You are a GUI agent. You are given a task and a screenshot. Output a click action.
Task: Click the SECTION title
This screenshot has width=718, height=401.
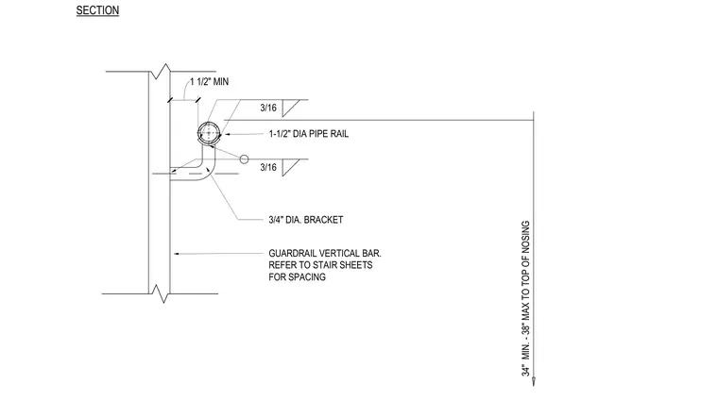pos(97,10)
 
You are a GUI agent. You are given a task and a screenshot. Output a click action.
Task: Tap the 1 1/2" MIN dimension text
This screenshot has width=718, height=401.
pos(210,82)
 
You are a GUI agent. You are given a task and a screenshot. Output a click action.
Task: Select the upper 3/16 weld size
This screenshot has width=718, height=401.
pos(268,108)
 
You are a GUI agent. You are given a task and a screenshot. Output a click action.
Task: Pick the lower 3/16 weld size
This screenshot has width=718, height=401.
pos(268,167)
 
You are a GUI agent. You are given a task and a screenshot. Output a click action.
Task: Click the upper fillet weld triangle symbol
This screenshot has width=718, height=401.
pos(288,108)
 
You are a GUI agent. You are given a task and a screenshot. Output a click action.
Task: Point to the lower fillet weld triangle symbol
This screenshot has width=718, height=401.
pos(288,167)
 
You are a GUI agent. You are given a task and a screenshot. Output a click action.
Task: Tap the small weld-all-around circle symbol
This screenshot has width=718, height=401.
pos(244,159)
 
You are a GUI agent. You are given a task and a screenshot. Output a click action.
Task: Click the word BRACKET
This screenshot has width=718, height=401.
pos(323,220)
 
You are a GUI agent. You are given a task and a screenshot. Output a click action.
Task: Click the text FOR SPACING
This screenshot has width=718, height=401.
pos(298,277)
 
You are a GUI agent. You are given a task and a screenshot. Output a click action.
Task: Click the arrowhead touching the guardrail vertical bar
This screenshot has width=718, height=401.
pos(177,254)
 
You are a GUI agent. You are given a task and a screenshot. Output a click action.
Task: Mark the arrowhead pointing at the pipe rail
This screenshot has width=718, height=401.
pos(227,134)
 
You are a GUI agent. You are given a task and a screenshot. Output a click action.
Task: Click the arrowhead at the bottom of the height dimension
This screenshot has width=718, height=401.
pos(534,381)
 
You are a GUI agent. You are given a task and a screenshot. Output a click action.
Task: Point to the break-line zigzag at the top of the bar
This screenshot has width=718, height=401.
pos(162,72)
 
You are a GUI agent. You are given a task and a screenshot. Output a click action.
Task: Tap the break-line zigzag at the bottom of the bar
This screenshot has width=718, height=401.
pos(162,293)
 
